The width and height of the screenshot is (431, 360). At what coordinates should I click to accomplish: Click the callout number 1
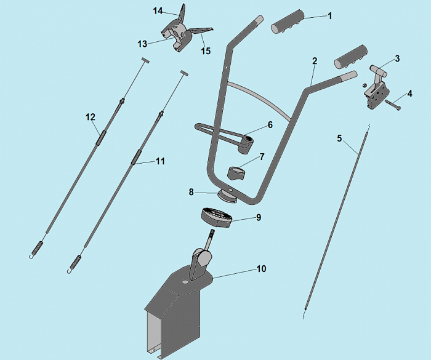[330, 16]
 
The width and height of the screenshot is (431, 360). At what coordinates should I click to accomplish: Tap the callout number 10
[262, 268]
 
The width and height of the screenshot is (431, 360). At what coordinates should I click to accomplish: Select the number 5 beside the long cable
[339, 138]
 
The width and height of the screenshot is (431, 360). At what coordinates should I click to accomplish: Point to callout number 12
[91, 117]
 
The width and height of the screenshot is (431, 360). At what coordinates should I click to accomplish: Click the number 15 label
[206, 51]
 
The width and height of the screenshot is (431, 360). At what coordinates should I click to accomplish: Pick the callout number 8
[191, 192]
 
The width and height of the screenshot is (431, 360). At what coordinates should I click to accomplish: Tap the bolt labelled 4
[393, 105]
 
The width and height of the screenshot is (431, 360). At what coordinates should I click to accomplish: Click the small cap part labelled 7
[236, 174]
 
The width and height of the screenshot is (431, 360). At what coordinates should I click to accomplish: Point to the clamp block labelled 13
[175, 38]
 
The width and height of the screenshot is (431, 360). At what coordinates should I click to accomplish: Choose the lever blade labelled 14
[182, 16]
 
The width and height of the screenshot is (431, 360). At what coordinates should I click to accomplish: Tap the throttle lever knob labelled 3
[377, 70]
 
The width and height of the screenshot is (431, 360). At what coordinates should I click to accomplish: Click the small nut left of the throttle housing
[365, 85]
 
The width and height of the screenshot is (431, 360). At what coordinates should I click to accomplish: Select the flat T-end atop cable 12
[145, 60]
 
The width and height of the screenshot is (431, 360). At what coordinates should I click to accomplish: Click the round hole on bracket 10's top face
[185, 282]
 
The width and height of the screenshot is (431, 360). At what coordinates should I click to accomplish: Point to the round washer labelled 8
[228, 196]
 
